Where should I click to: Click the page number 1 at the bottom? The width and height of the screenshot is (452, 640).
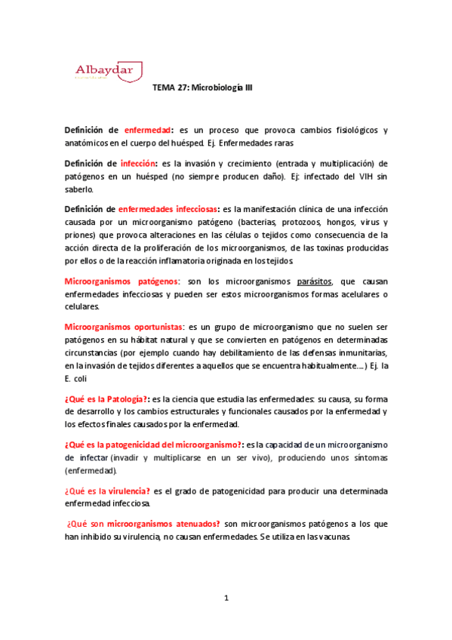pyautogui.click(x=226, y=598)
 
